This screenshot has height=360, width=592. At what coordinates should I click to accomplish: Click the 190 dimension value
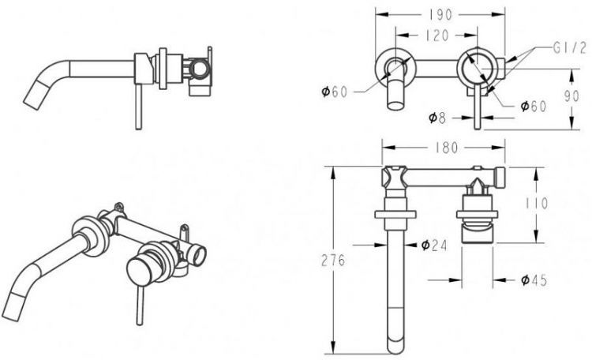(440, 15)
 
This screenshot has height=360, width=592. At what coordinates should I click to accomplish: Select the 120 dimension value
(437, 35)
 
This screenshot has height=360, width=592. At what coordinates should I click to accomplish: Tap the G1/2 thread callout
(570, 48)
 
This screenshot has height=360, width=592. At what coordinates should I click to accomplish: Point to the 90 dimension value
(571, 96)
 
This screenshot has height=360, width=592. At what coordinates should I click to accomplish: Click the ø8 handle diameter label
(437, 118)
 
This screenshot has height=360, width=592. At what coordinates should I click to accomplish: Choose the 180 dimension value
(446, 148)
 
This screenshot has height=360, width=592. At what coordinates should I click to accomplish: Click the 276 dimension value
(333, 261)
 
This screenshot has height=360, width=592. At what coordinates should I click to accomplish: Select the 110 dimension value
(537, 204)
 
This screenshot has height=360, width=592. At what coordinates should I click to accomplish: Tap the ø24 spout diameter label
(434, 246)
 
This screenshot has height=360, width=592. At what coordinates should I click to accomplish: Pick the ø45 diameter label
(534, 280)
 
